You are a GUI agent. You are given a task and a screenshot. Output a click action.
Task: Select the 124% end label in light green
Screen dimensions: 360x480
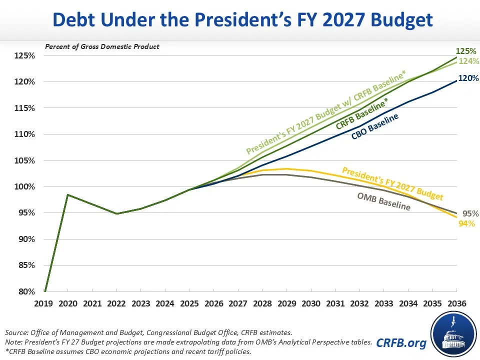click(x=468, y=61)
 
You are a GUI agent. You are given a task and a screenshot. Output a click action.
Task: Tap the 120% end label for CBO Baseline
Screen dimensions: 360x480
click(x=468, y=78)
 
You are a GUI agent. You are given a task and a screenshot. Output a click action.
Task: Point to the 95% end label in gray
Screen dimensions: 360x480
click(x=470, y=213)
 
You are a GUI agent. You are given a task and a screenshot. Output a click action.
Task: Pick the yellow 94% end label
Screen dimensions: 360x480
click(x=466, y=223)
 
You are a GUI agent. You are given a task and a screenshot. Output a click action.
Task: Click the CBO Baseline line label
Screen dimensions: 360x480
click(x=375, y=127)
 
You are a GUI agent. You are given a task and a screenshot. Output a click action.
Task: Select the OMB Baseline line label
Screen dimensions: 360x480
click(x=384, y=200)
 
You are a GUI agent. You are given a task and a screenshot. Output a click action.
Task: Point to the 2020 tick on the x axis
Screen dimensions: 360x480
click(x=68, y=303)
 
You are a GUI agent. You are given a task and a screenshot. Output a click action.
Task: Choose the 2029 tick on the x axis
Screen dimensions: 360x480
click(x=286, y=303)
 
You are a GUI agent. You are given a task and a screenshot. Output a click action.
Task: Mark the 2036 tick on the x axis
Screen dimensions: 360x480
click(x=456, y=303)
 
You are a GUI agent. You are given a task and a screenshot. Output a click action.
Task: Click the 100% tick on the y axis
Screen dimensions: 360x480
click(x=24, y=186)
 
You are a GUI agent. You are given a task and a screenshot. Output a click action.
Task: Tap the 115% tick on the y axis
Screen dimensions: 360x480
click(x=24, y=108)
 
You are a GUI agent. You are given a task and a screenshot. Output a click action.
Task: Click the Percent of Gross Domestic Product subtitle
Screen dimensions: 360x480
click(x=102, y=46)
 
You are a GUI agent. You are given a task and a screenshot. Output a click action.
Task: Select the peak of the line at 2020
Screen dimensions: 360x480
click(x=68, y=194)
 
